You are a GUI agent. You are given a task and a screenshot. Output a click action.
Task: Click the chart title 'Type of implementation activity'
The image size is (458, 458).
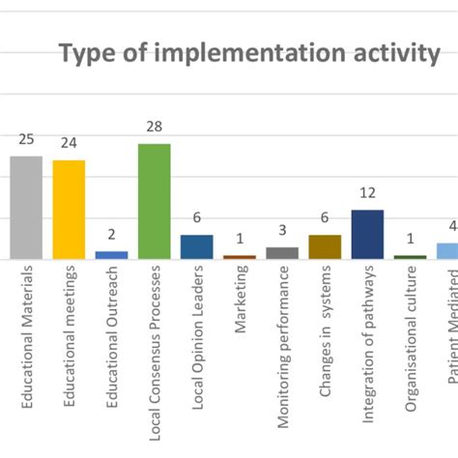(x=249, y=53)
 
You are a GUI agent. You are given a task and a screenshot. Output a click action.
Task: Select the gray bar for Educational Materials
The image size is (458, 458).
(x=26, y=207)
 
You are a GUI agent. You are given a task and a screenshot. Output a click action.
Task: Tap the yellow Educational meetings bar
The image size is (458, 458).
(x=69, y=209)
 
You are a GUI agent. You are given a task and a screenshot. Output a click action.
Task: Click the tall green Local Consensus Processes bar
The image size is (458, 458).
(x=154, y=201)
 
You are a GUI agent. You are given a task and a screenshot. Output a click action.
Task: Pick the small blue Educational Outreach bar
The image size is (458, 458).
(x=111, y=255)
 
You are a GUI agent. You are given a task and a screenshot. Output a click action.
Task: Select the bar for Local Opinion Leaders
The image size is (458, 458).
(x=196, y=246)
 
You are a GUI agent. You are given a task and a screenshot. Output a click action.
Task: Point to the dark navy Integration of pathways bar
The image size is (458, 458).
(x=367, y=234)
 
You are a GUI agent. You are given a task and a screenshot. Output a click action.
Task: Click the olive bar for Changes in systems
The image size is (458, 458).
(x=325, y=246)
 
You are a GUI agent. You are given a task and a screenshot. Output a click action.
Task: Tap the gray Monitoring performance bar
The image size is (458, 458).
(x=282, y=253)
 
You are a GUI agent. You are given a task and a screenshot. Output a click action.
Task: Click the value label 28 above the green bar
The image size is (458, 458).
(x=154, y=128)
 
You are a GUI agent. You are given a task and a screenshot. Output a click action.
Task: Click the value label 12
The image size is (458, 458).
(x=367, y=194)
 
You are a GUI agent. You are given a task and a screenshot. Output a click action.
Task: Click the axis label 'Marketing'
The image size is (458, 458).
(x=241, y=307)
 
